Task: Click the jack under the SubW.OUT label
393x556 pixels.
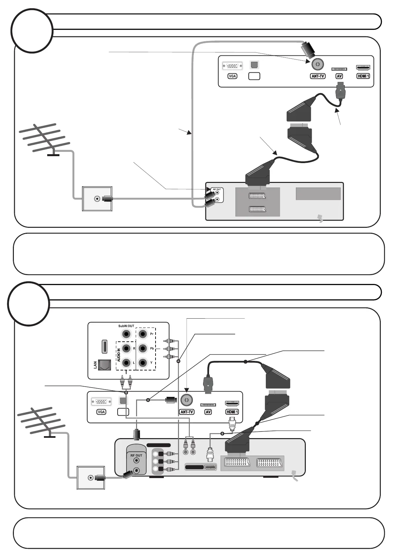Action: [126, 334]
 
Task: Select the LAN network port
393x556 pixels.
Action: [104, 365]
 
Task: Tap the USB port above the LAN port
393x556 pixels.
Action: [104, 346]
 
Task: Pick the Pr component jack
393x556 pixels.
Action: [143, 334]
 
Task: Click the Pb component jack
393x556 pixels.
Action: [143, 348]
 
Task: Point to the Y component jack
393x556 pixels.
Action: [143, 363]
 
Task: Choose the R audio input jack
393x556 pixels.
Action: [126, 348]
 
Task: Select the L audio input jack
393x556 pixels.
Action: [126, 363]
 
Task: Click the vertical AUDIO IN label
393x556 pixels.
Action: [119, 355]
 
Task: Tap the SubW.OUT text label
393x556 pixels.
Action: [126, 326]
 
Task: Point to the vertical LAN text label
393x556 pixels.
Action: [95, 365]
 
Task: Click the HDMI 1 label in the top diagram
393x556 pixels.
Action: [363, 76]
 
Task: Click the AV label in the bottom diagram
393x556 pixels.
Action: [208, 412]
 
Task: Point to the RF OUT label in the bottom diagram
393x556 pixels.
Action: [136, 455]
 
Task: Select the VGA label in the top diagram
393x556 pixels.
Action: [232, 76]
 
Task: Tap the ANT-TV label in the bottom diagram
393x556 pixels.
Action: [187, 412]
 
